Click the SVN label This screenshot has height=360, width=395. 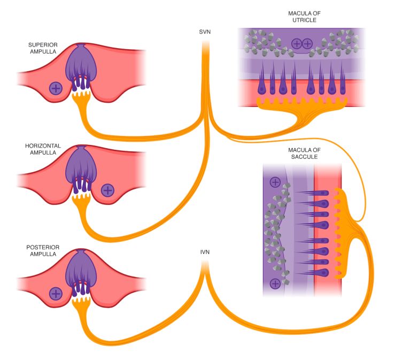(x=205, y=33)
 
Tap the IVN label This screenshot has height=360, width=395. (x=205, y=251)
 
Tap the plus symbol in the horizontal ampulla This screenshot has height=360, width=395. (x=107, y=189)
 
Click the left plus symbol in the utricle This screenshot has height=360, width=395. (x=296, y=44)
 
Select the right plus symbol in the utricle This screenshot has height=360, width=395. (x=307, y=44)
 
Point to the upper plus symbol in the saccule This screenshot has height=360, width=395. (x=275, y=182)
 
